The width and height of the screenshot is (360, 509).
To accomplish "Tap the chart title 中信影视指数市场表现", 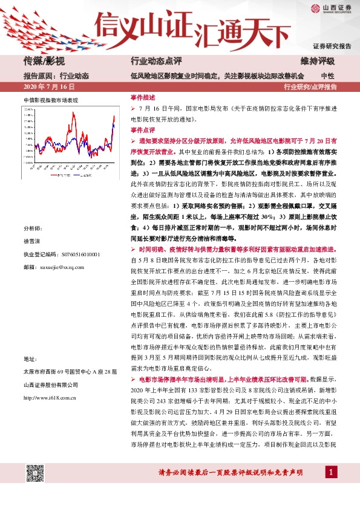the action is pyautogui.click(x=51, y=99).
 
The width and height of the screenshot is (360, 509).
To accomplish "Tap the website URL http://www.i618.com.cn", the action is pyautogui.click(x=49, y=398).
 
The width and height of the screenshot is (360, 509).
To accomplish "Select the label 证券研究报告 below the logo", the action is pyautogui.click(x=332, y=47).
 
